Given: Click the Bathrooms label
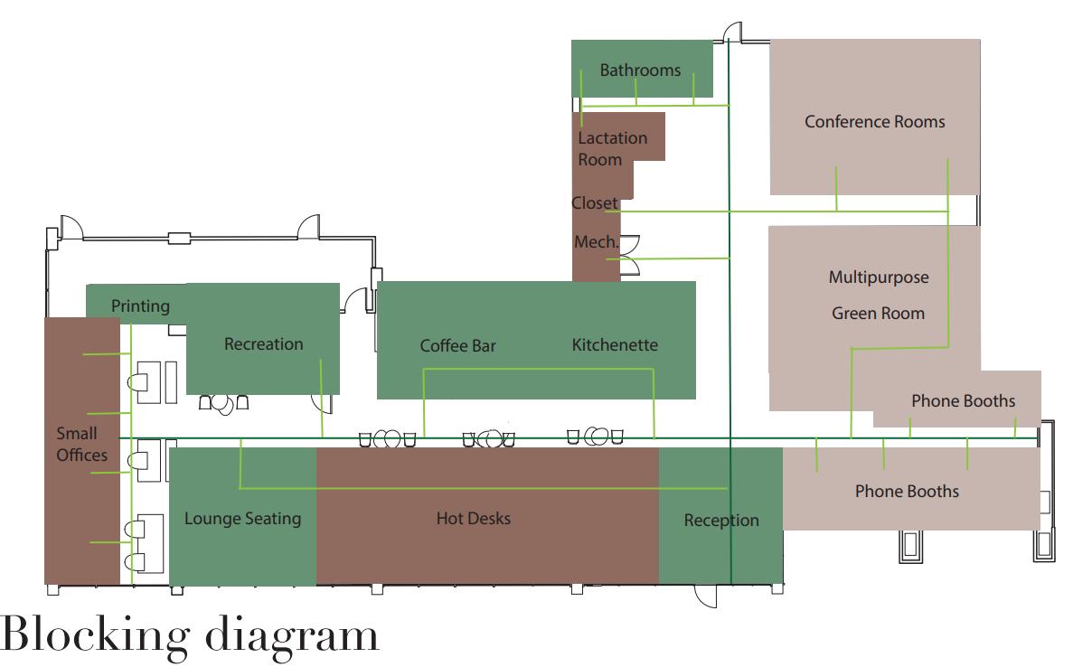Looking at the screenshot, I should [640, 70].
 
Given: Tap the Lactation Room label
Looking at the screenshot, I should [612, 148].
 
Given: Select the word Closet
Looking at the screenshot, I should [595, 203].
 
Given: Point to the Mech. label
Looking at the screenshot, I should [596, 242].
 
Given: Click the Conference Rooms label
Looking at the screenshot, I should [874, 121].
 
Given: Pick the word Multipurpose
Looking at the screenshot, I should [878, 277].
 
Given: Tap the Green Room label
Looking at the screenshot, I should [878, 314].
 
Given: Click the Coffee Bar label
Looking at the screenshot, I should [457, 345].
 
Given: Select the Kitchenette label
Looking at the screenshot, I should [615, 344].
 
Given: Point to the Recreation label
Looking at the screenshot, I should [263, 343].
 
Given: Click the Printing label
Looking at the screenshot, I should [140, 305].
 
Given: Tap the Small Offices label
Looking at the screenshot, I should [81, 444].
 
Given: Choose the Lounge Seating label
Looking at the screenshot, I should [242, 518].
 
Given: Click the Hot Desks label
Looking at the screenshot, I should [473, 518].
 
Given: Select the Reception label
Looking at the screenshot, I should [720, 520].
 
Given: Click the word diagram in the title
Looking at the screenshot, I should [292, 637].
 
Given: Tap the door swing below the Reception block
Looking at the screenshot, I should [705, 596].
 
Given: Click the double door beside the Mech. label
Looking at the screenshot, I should [630, 254].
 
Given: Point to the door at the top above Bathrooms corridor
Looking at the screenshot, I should [733, 33].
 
